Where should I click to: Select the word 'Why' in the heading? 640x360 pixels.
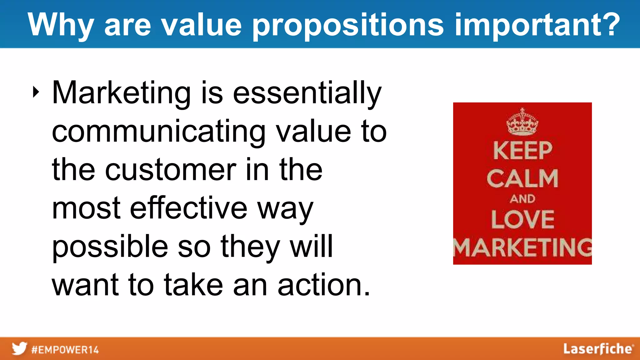[61, 25]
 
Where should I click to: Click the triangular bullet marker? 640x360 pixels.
[36, 92]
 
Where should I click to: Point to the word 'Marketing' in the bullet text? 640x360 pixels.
[121, 93]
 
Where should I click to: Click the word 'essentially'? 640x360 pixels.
[307, 93]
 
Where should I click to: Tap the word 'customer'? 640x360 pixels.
[171, 170]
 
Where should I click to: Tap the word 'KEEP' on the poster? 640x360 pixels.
[522, 150]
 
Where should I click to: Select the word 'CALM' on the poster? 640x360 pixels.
[522, 178]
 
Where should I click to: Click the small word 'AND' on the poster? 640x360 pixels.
[522, 199]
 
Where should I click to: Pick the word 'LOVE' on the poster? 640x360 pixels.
[522, 219]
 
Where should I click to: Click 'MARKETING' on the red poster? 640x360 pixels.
[522, 247]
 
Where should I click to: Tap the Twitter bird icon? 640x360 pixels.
[19, 348]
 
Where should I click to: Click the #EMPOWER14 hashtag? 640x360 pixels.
[65, 349]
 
